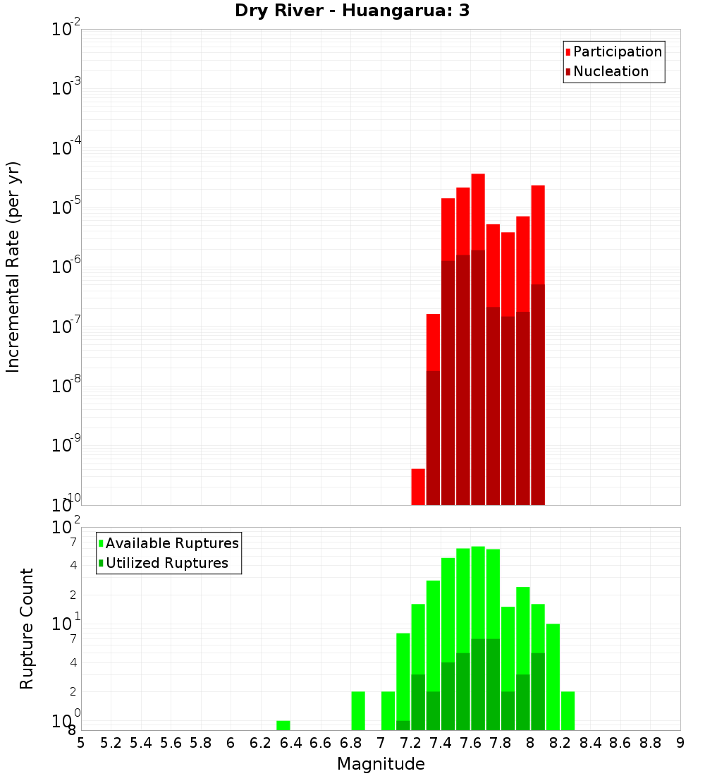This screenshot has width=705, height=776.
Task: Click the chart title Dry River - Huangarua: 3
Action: tap(352, 11)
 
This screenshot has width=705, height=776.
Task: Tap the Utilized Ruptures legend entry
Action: tap(166, 563)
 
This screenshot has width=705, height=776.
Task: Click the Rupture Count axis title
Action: tap(27, 629)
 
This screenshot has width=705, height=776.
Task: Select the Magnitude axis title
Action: tap(381, 764)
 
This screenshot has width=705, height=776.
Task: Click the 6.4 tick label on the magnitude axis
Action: tap(290, 743)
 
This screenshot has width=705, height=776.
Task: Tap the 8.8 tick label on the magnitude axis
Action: tap(650, 743)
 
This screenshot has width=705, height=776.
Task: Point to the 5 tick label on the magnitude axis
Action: tap(81, 743)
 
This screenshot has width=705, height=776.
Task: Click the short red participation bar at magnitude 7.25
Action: tap(418, 487)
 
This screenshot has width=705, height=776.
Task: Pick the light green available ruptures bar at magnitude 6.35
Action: tap(283, 725)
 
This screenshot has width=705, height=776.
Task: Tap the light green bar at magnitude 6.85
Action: tap(358, 711)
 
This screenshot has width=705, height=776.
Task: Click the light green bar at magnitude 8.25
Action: tap(568, 711)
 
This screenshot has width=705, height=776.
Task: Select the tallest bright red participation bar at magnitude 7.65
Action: tap(478, 212)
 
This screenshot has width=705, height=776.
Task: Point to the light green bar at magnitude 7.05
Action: tap(388, 711)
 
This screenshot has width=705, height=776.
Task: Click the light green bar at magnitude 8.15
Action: tap(553, 677)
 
